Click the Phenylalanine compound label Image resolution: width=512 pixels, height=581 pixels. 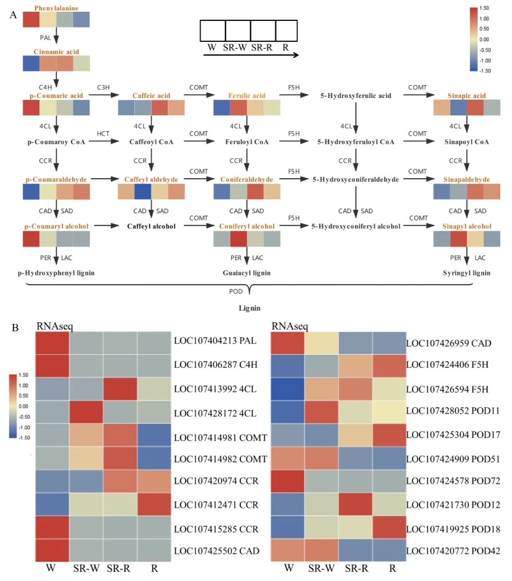tap(56, 8)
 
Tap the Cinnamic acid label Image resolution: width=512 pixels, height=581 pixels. tap(56, 52)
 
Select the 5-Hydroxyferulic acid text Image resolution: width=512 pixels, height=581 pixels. tap(356, 96)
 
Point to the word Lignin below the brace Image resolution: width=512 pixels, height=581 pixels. tap(248, 306)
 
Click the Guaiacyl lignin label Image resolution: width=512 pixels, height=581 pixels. tap(248, 272)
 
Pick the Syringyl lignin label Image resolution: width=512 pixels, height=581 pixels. tap(466, 272)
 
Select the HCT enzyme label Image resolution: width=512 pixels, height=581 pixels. tap(103, 133)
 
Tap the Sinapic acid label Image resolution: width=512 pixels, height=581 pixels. tap(466, 96)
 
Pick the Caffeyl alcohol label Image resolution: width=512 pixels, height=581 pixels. tap(152, 226)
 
